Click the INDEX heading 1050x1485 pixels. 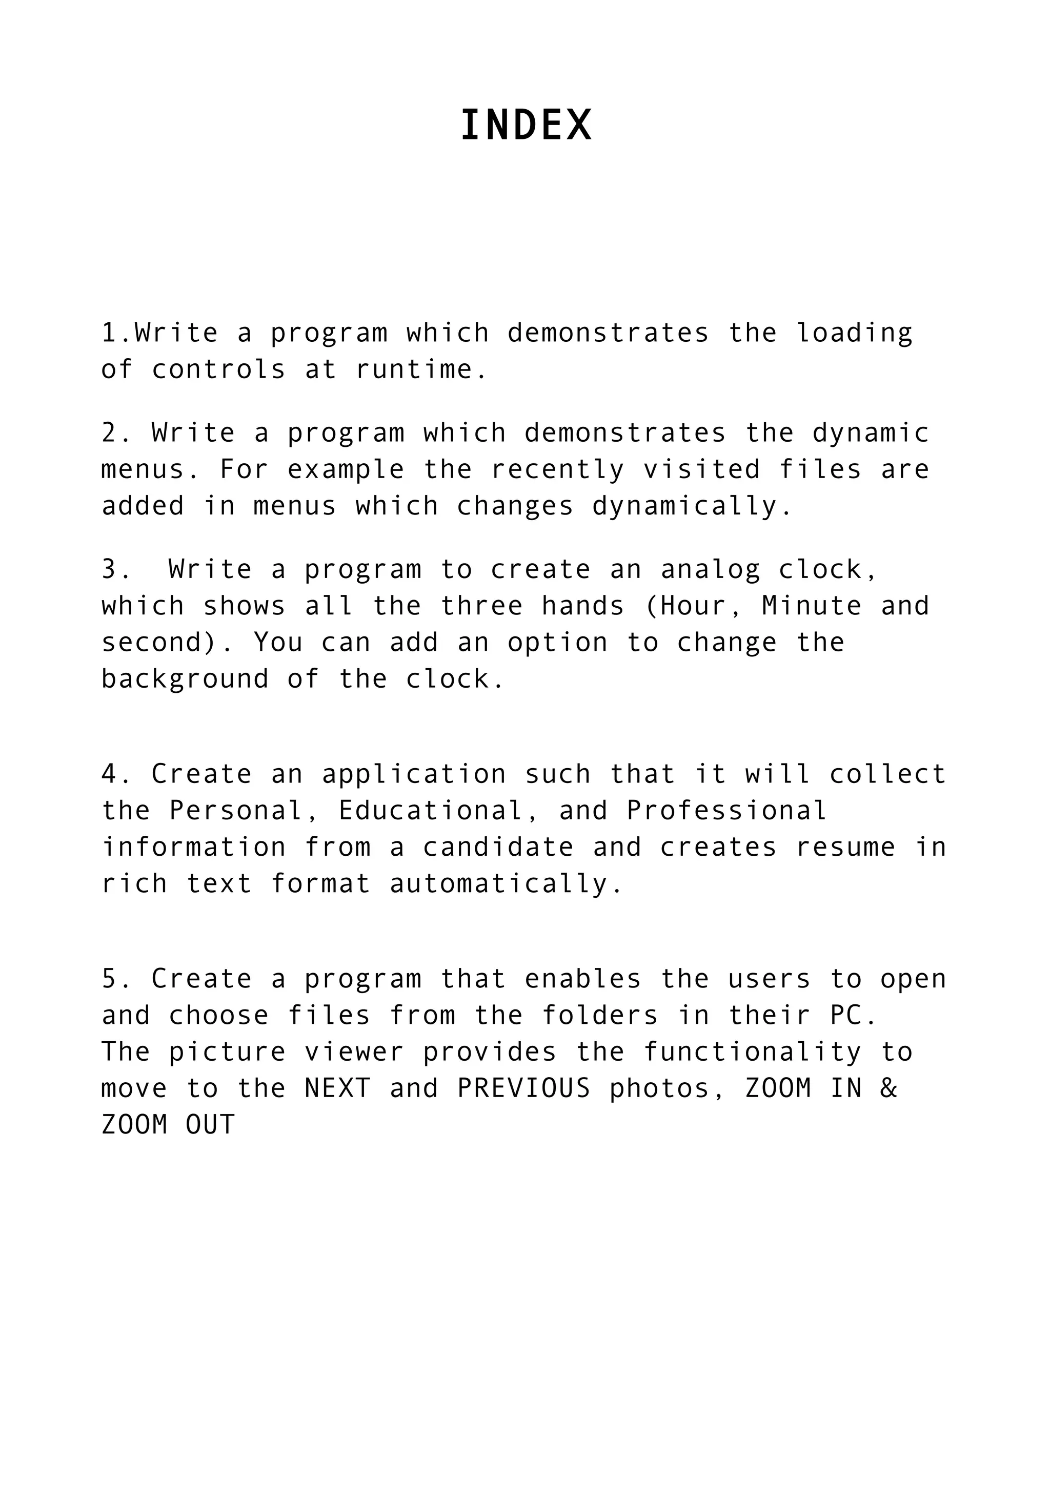526,125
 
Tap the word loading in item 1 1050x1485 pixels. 854,334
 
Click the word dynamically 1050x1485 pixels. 692,506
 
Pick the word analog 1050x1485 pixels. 711,570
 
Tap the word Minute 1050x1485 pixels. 812,606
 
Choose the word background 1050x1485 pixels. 185,679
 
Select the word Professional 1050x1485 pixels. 727,811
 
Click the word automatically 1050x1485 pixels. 507,884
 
